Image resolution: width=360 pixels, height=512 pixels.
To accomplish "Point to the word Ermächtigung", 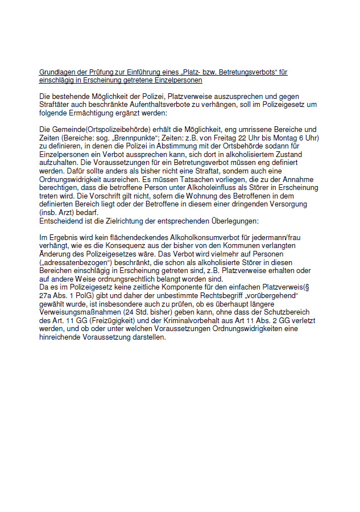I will (x=98, y=113).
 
